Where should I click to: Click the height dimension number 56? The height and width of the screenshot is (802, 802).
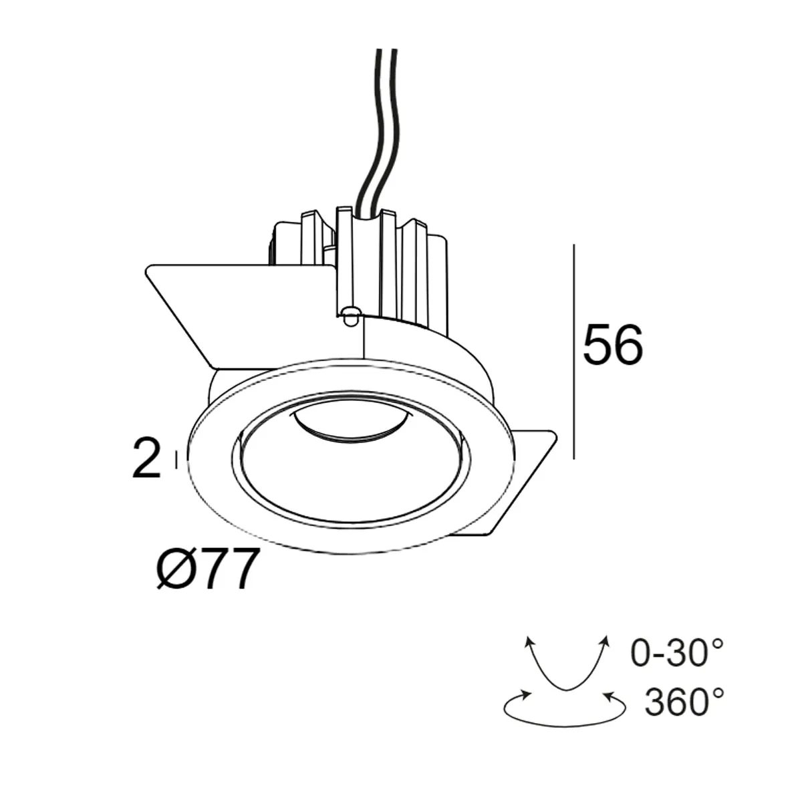(612, 346)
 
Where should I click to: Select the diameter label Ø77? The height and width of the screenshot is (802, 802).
(207, 570)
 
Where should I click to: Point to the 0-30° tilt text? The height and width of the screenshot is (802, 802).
(677, 654)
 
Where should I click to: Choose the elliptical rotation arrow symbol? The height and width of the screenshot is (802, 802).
(564, 707)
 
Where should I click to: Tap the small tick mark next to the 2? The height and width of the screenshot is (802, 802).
(176, 459)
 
